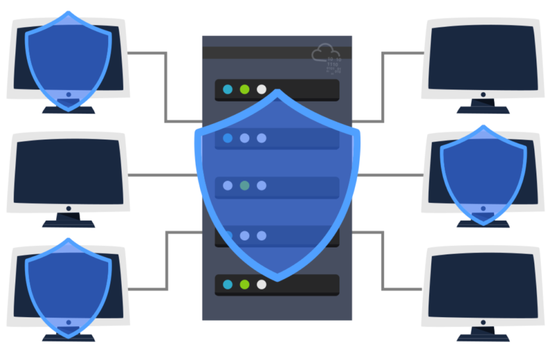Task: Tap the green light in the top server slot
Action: point(245,89)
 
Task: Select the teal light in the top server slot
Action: point(227,89)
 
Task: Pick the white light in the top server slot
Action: point(262,89)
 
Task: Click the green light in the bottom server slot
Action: point(245,284)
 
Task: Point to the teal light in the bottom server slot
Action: point(227,284)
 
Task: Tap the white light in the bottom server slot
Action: point(262,284)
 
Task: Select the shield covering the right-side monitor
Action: point(483,174)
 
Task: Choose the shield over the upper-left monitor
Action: point(69,60)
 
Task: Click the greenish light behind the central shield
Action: point(245,185)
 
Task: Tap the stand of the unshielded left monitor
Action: point(69,220)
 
